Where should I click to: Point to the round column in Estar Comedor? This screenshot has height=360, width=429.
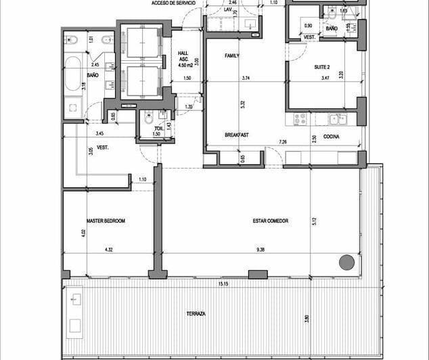tap(347, 262)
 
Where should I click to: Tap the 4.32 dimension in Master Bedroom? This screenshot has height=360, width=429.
tap(109, 250)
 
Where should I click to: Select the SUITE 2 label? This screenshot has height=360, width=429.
tap(321, 66)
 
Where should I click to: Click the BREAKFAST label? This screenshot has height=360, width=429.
tap(237, 135)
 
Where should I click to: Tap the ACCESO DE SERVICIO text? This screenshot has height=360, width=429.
tap(174, 3)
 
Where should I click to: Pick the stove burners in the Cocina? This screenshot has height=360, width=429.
tap(299, 119)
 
